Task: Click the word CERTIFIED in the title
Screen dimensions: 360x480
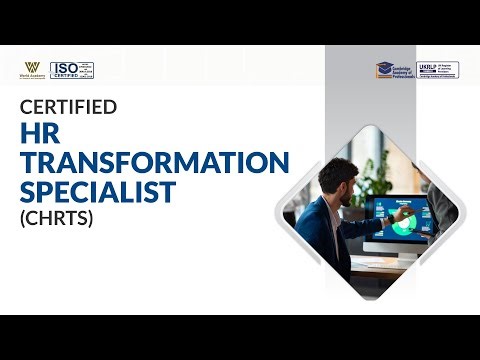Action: (69, 106)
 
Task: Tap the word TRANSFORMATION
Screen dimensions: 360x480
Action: (155, 162)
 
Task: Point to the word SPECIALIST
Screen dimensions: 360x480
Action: (98, 191)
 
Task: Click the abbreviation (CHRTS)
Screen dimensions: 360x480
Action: (56, 217)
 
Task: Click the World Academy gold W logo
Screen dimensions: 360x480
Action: (31, 66)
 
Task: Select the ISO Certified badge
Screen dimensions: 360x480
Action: (72, 70)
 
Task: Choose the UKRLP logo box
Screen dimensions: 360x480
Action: (438, 70)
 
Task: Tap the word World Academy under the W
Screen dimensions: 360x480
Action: (31, 77)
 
